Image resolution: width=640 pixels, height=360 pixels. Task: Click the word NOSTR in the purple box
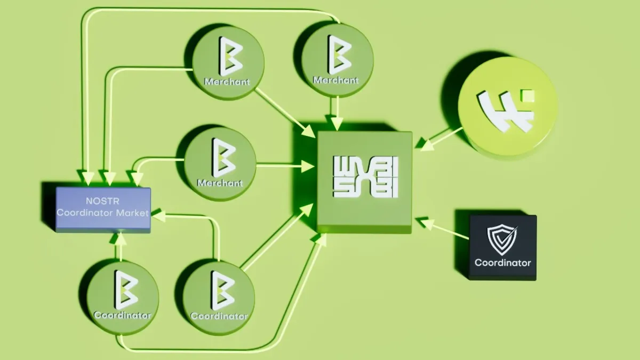coord(103,201)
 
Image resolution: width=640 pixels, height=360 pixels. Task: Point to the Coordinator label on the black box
coord(502,262)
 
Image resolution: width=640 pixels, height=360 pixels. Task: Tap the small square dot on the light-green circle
coord(529,96)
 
